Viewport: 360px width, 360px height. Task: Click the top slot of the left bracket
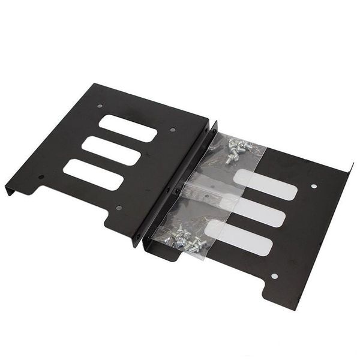[128, 128]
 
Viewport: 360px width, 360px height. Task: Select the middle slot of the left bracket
[112, 149]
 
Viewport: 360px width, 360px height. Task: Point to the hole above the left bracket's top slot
[100, 106]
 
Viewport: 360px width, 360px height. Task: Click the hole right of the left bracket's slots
[173, 130]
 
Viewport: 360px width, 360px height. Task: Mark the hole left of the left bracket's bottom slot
[41, 177]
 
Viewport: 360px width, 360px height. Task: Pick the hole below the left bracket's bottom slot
[118, 208]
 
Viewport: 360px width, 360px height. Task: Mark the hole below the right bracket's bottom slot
[274, 276]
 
